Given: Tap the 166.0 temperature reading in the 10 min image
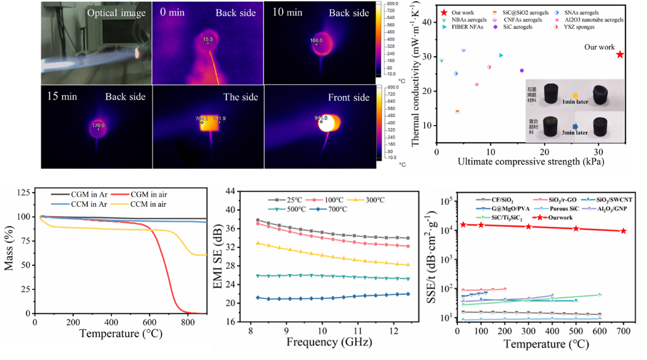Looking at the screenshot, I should [316, 41].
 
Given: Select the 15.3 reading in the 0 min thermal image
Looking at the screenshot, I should [207, 39].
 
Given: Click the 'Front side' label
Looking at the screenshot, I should [349, 97].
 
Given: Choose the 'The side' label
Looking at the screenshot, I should [241, 97].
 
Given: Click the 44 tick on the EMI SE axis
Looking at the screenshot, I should [232, 191].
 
